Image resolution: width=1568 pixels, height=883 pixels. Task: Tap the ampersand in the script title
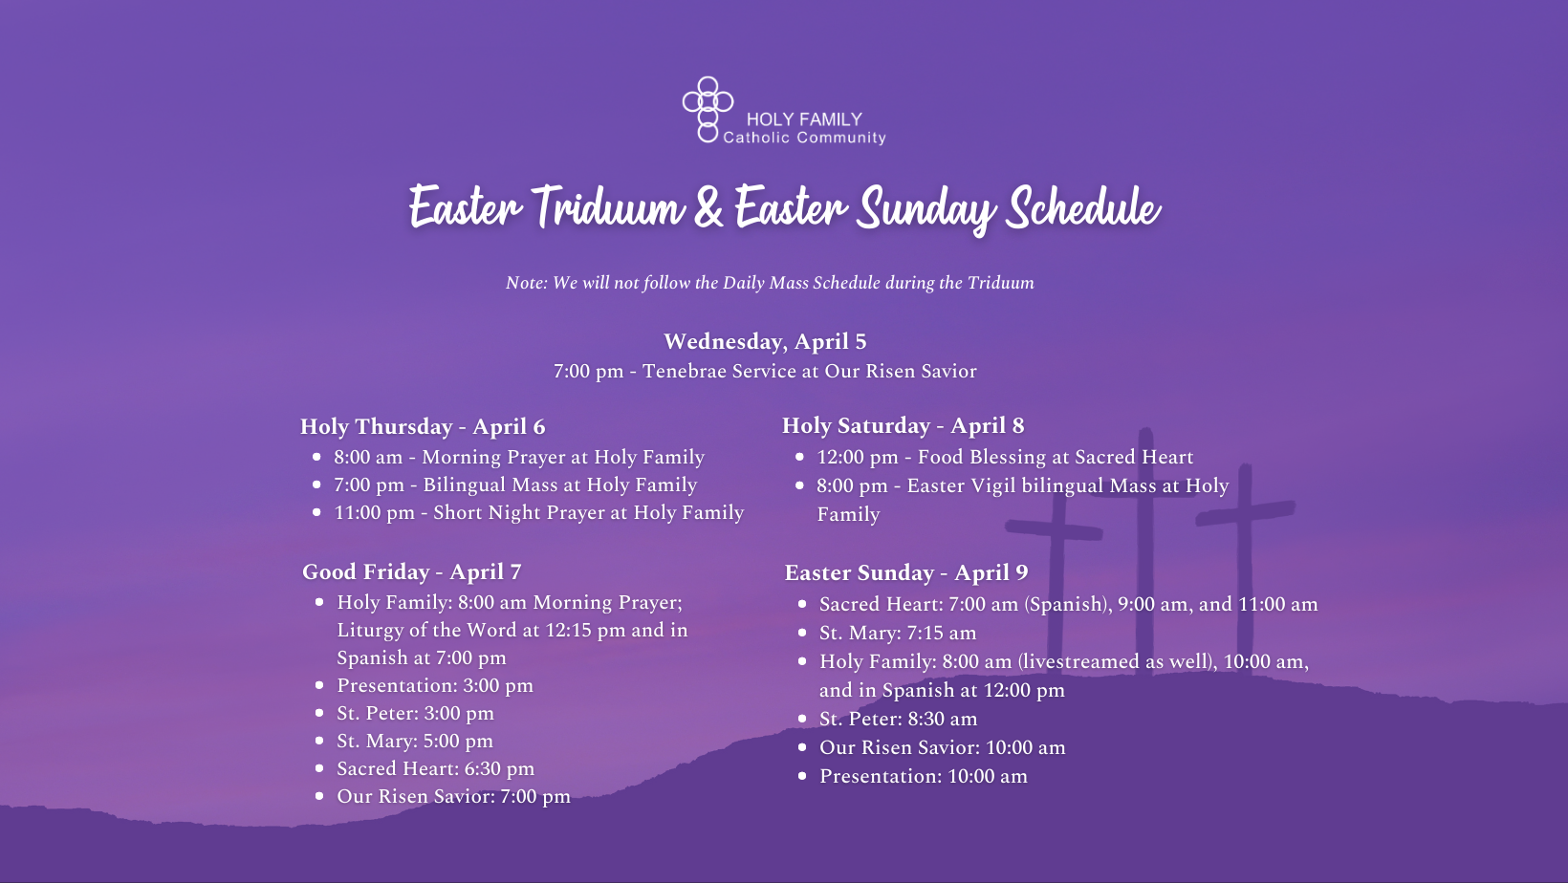(708, 207)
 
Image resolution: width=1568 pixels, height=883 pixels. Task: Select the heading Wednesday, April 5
(765, 341)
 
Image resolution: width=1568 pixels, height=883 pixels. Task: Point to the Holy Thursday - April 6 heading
(423, 426)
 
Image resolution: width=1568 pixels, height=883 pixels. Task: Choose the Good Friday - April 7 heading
(411, 571)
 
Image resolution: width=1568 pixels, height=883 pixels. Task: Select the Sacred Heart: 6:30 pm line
(435, 769)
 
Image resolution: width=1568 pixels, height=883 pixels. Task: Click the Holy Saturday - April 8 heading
(903, 425)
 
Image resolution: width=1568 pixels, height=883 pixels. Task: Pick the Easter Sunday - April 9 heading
(905, 573)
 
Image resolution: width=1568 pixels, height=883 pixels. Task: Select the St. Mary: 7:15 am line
(898, 634)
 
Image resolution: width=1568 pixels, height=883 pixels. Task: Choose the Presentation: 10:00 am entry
(924, 776)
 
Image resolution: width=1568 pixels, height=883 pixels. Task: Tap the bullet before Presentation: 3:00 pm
(319, 685)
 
